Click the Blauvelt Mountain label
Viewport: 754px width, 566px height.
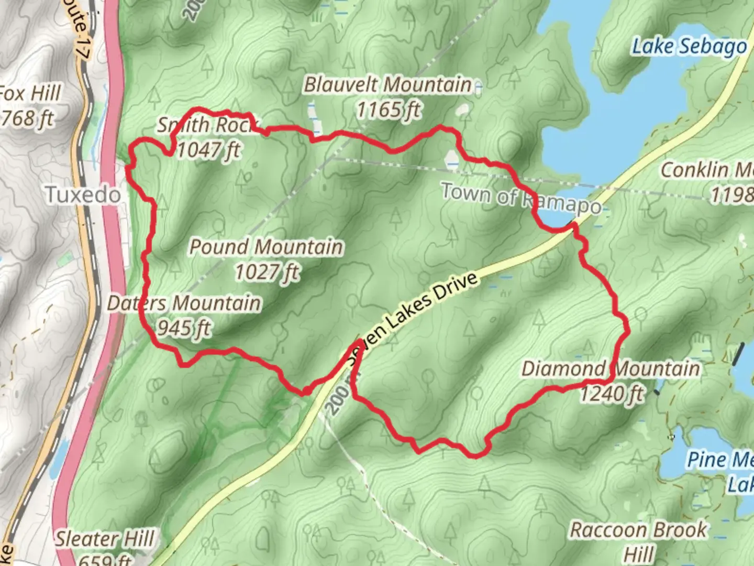coord(387,85)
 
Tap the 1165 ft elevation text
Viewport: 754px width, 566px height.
coord(388,110)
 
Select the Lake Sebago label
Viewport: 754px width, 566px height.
coord(689,47)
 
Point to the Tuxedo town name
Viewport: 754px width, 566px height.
coord(83,195)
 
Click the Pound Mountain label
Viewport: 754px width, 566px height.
coord(266,247)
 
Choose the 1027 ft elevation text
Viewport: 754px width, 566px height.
coord(267,272)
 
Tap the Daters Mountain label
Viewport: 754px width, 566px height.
coord(184,303)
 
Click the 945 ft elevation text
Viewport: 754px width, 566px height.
coord(184,328)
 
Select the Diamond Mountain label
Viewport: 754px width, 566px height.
coord(611,368)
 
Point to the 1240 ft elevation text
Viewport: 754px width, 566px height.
coord(611,393)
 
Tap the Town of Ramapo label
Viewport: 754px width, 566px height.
coord(521,198)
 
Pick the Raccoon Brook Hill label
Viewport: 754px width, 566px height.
coord(638,540)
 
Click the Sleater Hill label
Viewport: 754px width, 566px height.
coord(105,539)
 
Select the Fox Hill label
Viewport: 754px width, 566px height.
coord(29,94)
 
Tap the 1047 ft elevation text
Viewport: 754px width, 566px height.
coord(208,150)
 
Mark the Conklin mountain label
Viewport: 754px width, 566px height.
coord(707,170)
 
